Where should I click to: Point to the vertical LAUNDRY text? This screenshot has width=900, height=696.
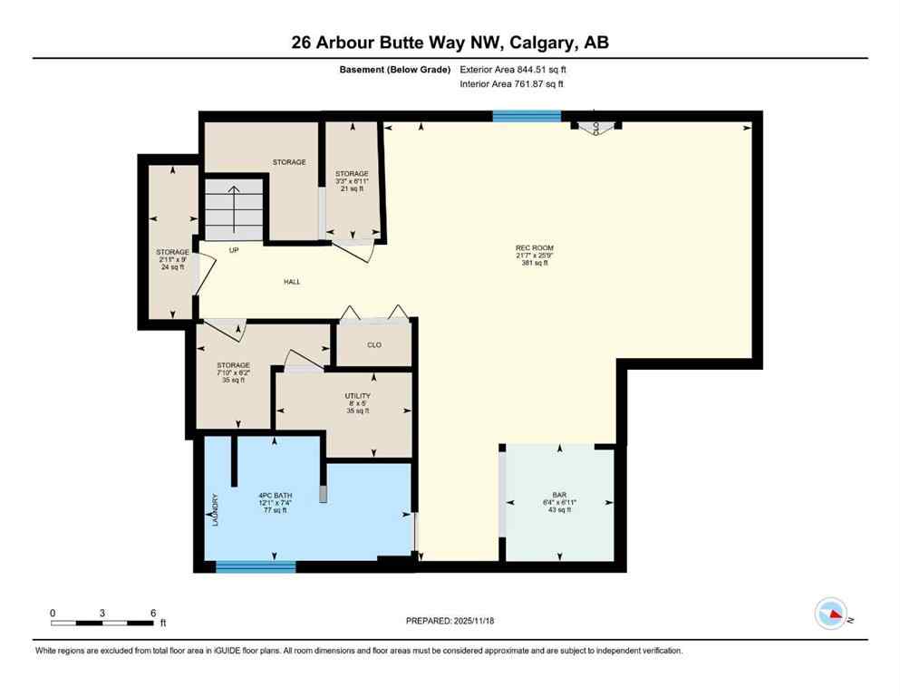[215, 509]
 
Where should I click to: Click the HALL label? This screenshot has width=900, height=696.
[292, 282]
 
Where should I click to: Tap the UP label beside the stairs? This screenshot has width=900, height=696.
[233, 250]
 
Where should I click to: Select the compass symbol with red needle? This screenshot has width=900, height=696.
[830, 614]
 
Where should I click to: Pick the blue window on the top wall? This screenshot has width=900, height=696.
[527, 116]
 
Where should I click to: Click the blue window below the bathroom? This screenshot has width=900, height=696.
[256, 567]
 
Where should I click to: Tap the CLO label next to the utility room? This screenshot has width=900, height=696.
[373, 344]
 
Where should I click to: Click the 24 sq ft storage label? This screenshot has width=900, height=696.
[171, 259]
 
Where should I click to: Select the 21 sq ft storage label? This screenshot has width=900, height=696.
[352, 181]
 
